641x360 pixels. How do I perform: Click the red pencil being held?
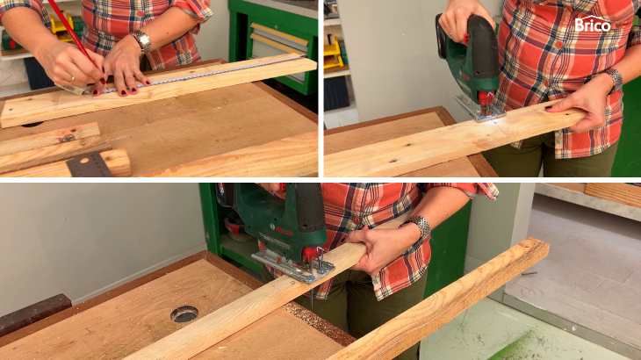point(71,32)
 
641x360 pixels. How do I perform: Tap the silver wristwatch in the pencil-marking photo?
point(142,41)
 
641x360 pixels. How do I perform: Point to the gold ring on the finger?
point(73,78)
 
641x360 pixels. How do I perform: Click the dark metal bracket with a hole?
point(89,165)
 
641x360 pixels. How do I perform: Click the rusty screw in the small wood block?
point(66,138)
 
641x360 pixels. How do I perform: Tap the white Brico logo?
point(593,24)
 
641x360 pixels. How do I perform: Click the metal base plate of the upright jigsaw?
point(479,109)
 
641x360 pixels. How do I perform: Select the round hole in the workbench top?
point(184,313)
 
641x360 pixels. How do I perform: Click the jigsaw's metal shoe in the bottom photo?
point(292,266)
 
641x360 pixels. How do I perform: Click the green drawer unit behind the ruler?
point(273,45)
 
